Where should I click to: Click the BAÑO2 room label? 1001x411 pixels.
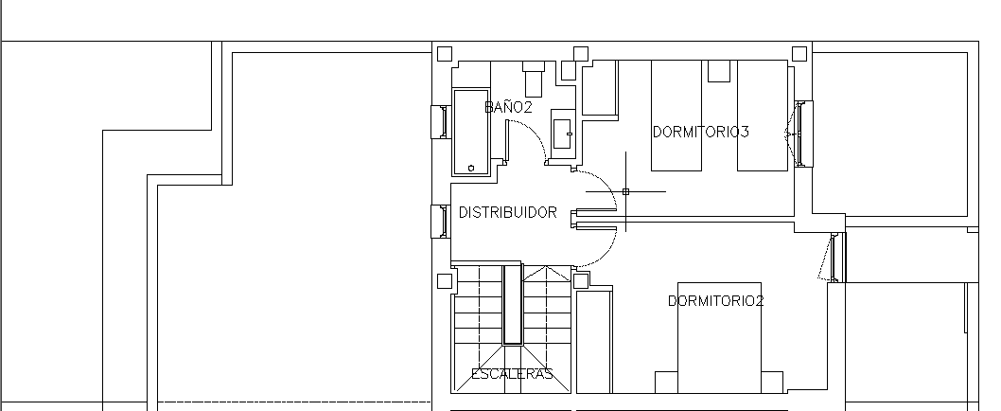click(x=508, y=107)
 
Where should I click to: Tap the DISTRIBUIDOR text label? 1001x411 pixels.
click(x=507, y=212)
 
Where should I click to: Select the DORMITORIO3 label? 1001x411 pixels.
click(x=700, y=132)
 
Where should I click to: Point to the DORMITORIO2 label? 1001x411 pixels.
click(x=715, y=301)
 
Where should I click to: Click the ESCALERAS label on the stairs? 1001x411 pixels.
click(x=511, y=374)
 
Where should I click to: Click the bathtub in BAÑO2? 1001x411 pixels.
click(x=471, y=133)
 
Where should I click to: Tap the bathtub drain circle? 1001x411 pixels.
click(x=471, y=169)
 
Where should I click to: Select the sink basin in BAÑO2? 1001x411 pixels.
click(x=562, y=134)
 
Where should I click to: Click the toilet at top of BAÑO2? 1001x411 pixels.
click(x=533, y=80)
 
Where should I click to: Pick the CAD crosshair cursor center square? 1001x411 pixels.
click(x=625, y=191)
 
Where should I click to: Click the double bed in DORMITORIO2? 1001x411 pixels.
click(x=719, y=337)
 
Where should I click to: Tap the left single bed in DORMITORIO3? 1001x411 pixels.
click(x=676, y=116)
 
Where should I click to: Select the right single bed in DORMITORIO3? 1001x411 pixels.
click(x=763, y=116)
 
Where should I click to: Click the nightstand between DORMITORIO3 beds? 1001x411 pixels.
click(x=719, y=71)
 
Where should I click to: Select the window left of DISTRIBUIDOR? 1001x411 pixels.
click(x=441, y=222)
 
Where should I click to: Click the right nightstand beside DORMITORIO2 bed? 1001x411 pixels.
click(x=772, y=383)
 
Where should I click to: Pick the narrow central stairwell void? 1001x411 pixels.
click(x=513, y=305)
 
